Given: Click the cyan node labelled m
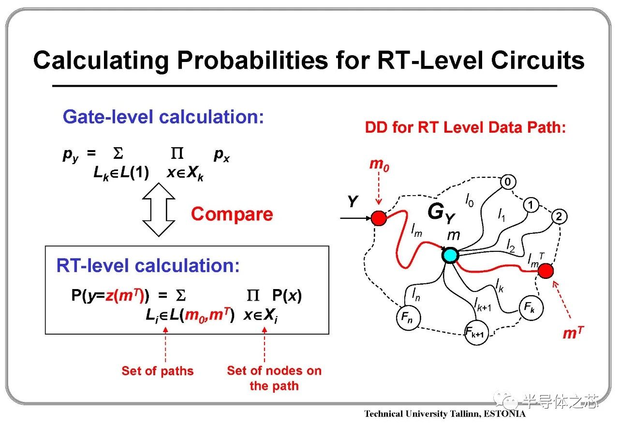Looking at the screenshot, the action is [450, 255].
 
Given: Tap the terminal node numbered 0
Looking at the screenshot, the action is [508, 182].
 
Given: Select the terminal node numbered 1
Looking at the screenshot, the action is [531, 205].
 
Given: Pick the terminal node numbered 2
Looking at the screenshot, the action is [559, 216].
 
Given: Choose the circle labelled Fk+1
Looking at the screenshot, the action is [476, 333].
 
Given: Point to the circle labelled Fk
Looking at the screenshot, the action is [531, 307].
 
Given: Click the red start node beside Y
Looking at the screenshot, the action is [379, 218].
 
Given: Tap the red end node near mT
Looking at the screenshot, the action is [545, 271].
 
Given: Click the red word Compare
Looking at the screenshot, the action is [232, 214].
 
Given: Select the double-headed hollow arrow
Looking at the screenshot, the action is [158, 210].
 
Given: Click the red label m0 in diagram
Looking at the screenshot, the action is [379, 165].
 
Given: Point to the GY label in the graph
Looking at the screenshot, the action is [442, 213].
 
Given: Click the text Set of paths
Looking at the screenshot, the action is [158, 371].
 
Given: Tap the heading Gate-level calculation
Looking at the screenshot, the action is [163, 117].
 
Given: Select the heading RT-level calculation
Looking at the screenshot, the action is [148, 265].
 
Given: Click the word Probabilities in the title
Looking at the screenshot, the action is [253, 61].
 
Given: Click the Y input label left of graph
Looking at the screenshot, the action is [353, 201].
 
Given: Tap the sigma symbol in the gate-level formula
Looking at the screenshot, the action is [118, 153].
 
